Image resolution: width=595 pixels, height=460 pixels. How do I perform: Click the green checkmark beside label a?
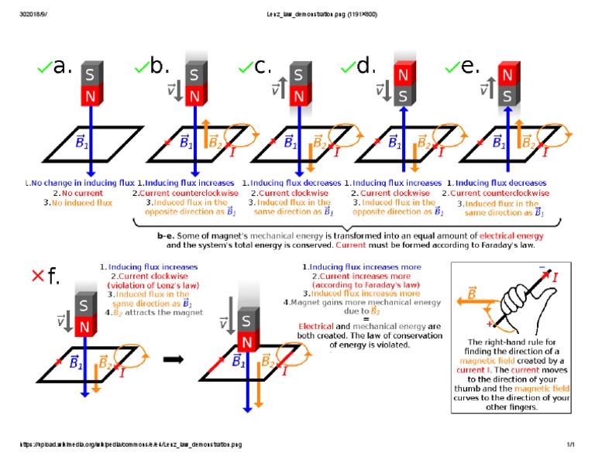click(x=45, y=69)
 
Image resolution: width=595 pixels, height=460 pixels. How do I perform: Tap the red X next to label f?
click(x=36, y=276)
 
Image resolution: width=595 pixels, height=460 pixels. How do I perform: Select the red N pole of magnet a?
click(x=90, y=96)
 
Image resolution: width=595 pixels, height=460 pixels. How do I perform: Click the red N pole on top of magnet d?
click(x=404, y=75)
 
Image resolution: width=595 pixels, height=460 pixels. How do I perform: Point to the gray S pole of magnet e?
click(x=507, y=96)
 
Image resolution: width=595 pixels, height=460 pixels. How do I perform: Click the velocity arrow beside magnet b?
click(x=177, y=91)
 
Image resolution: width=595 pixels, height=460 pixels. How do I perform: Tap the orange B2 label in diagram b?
click(x=215, y=142)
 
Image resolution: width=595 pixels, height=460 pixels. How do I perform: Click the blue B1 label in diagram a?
click(x=81, y=142)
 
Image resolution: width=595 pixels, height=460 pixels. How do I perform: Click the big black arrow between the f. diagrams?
click(x=176, y=359)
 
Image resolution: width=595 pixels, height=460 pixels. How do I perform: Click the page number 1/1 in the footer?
click(x=569, y=445)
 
